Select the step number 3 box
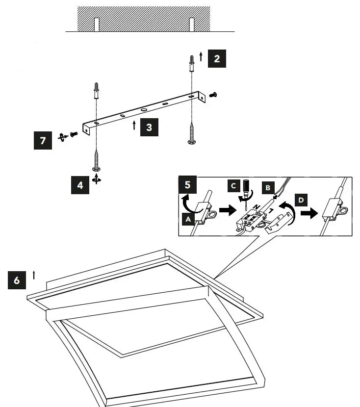[149, 127]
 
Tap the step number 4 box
[80, 185]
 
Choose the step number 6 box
[17, 280]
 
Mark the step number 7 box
[43, 141]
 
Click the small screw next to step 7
[74, 134]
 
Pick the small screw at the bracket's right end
[213, 95]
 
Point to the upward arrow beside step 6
[34, 275]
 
